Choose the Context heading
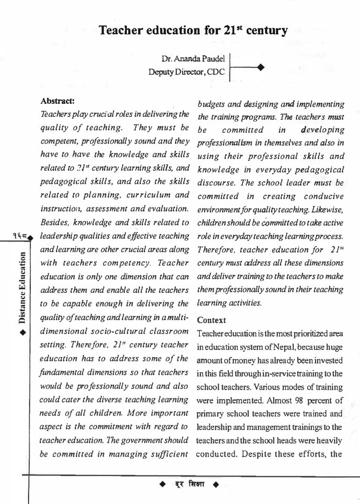(x=212, y=320)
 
